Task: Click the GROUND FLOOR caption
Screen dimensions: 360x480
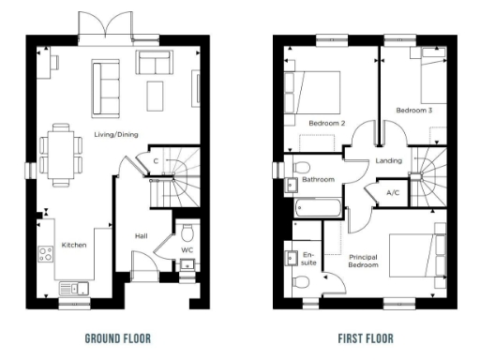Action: pyautogui.click(x=117, y=337)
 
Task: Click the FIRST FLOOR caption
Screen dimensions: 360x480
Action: pyautogui.click(x=367, y=337)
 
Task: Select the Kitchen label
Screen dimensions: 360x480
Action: pyautogui.click(x=74, y=245)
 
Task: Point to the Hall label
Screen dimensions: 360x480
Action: pyautogui.click(x=142, y=236)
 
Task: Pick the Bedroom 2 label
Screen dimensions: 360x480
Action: pyautogui.click(x=327, y=123)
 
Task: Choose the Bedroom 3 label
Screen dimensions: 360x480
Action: pyautogui.click(x=413, y=111)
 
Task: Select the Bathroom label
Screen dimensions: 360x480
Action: pyautogui.click(x=319, y=179)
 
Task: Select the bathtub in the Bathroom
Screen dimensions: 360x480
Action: pyautogui.click(x=313, y=207)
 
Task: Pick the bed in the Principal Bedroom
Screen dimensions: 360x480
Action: pyautogui.click(x=417, y=252)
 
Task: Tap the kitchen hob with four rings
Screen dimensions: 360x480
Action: pyautogui.click(x=43, y=253)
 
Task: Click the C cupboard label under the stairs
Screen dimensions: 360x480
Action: pyautogui.click(x=155, y=161)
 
